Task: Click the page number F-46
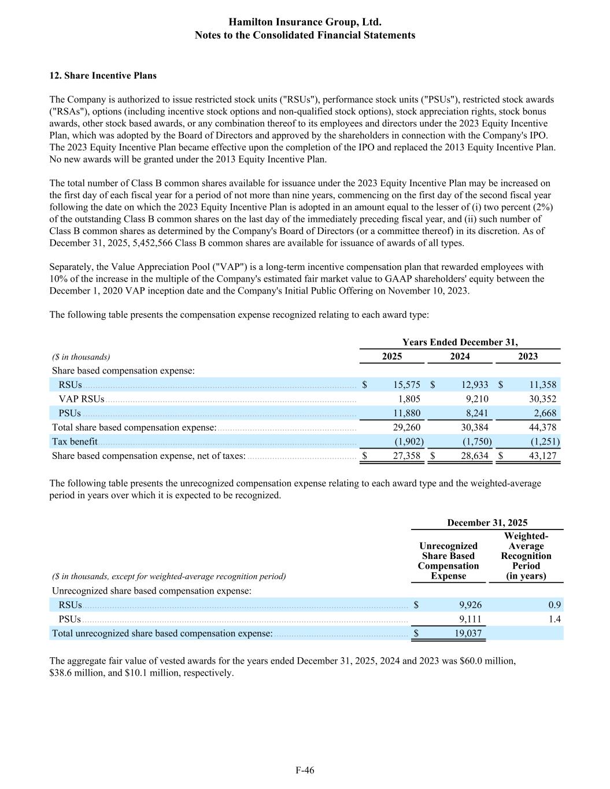tap(305, 770)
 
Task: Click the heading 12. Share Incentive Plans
tap(103, 76)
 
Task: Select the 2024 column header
tap(460, 357)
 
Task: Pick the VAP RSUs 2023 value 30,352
tap(542, 399)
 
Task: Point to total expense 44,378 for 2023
tap(542, 428)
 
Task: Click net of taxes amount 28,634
tap(474, 456)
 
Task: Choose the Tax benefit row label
tap(75, 442)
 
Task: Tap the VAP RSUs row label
tap(81, 399)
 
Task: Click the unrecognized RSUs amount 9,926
tap(470, 605)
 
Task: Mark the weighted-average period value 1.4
tap(554, 619)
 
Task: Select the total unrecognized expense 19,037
tap(468, 634)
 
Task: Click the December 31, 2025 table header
tap(487, 523)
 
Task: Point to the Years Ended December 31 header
tap(460, 342)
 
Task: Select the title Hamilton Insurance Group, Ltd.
tap(305, 22)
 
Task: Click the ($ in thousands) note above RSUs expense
tap(81, 357)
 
